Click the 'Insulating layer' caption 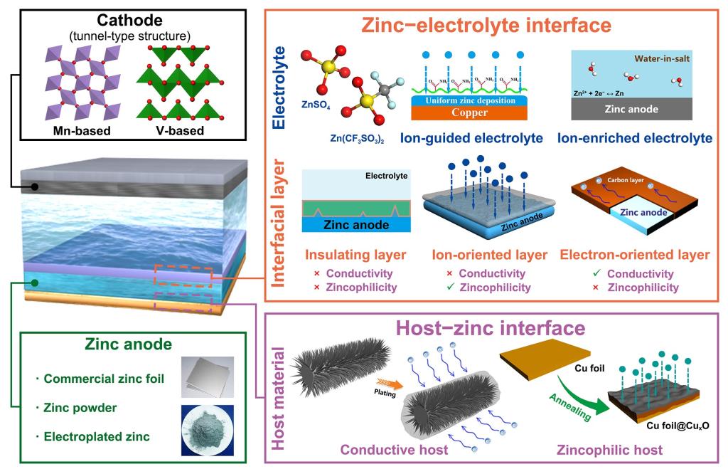(346, 254)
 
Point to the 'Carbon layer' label (630, 181)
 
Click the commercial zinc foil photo (206, 377)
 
